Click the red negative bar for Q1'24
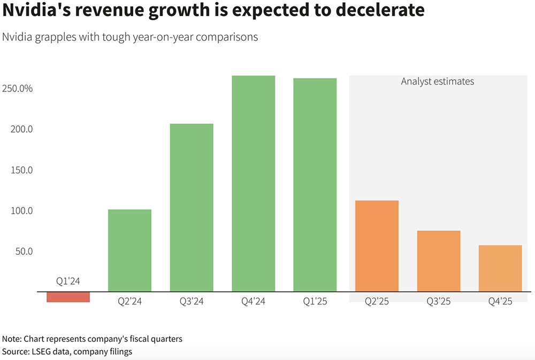68,297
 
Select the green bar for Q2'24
129,250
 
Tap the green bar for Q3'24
192,208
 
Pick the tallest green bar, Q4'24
253,183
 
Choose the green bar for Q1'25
315,185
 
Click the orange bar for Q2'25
377,246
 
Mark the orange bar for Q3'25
439,261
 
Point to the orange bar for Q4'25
500,269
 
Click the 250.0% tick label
18,88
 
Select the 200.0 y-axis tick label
21,129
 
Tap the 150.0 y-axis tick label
21,170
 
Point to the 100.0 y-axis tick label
21,211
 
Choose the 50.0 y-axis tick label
23,251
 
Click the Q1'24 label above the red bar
68,281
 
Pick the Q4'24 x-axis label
253,301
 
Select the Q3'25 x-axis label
439,301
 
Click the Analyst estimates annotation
438,82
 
